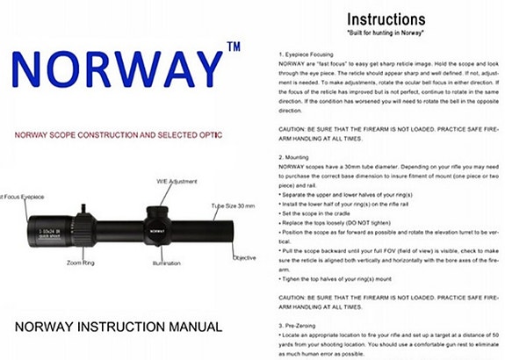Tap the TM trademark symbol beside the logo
[x=234, y=46]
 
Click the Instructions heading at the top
[x=387, y=18]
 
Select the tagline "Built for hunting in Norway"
[x=387, y=33]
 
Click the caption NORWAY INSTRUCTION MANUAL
[x=119, y=326]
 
